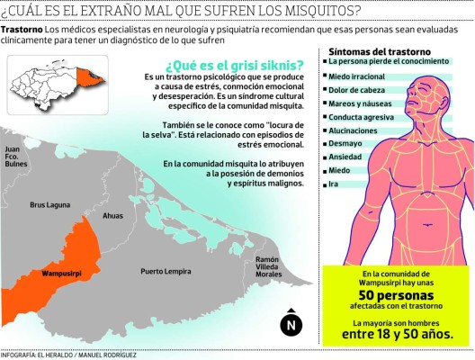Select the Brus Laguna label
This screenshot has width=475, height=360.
click(49, 205)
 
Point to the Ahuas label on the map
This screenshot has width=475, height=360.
click(112, 216)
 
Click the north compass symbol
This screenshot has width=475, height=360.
click(290, 325)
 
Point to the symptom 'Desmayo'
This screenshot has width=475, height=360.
click(345, 142)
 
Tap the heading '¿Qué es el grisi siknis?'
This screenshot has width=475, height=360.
click(234, 65)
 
